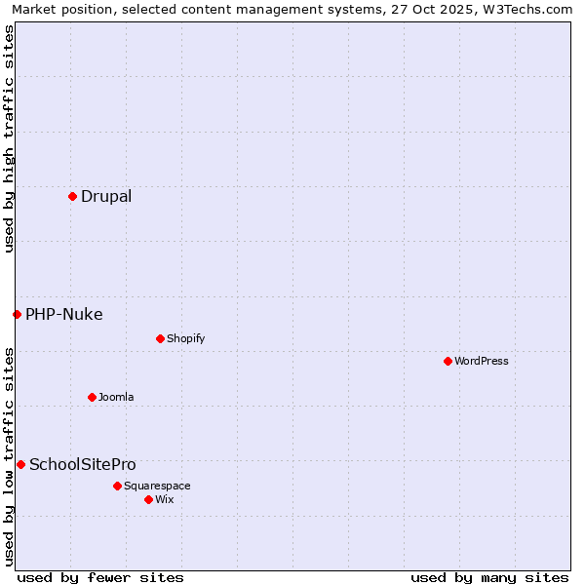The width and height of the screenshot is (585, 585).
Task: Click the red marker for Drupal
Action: (72, 196)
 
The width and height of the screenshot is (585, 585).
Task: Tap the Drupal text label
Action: (106, 196)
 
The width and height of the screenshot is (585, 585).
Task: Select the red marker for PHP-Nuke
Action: (17, 314)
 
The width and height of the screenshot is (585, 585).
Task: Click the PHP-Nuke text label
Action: (64, 314)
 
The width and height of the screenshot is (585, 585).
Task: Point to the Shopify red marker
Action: (160, 338)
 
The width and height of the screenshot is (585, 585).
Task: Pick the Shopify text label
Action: (185, 338)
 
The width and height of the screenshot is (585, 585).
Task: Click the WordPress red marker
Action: (448, 361)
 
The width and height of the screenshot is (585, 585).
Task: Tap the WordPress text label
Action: (482, 361)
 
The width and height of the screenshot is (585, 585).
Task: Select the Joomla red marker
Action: (92, 397)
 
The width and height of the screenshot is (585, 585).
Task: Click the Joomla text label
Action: (116, 397)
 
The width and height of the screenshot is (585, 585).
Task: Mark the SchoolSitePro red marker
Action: (20, 464)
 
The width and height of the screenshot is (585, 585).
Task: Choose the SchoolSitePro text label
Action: (83, 464)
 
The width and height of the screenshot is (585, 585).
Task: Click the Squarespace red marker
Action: (117, 486)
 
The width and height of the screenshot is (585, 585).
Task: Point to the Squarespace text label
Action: (157, 486)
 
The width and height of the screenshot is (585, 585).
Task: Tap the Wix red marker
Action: (148, 499)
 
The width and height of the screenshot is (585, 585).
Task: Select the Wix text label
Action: (165, 499)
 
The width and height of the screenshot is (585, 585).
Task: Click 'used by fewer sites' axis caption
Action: (100, 577)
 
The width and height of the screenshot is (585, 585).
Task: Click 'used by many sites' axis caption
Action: (489, 577)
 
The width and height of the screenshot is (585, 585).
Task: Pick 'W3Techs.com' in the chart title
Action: (531, 9)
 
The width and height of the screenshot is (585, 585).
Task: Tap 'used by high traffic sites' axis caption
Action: (9, 138)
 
